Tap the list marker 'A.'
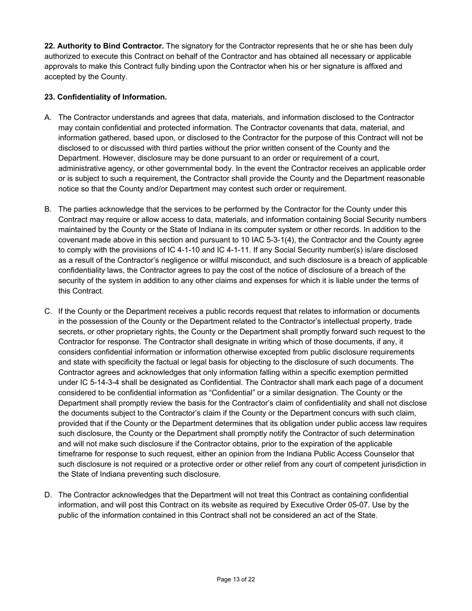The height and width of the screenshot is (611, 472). pyautogui.click(x=48, y=117)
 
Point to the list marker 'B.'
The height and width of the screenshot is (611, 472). pyautogui.click(x=48, y=209)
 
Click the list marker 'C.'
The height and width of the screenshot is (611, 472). pyautogui.click(x=48, y=311)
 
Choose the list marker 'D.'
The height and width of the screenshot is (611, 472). pyautogui.click(x=48, y=495)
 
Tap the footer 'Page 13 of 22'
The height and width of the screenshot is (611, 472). pyautogui.click(x=236, y=579)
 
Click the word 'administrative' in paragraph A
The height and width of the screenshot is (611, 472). pyautogui.click(x=82, y=168)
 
